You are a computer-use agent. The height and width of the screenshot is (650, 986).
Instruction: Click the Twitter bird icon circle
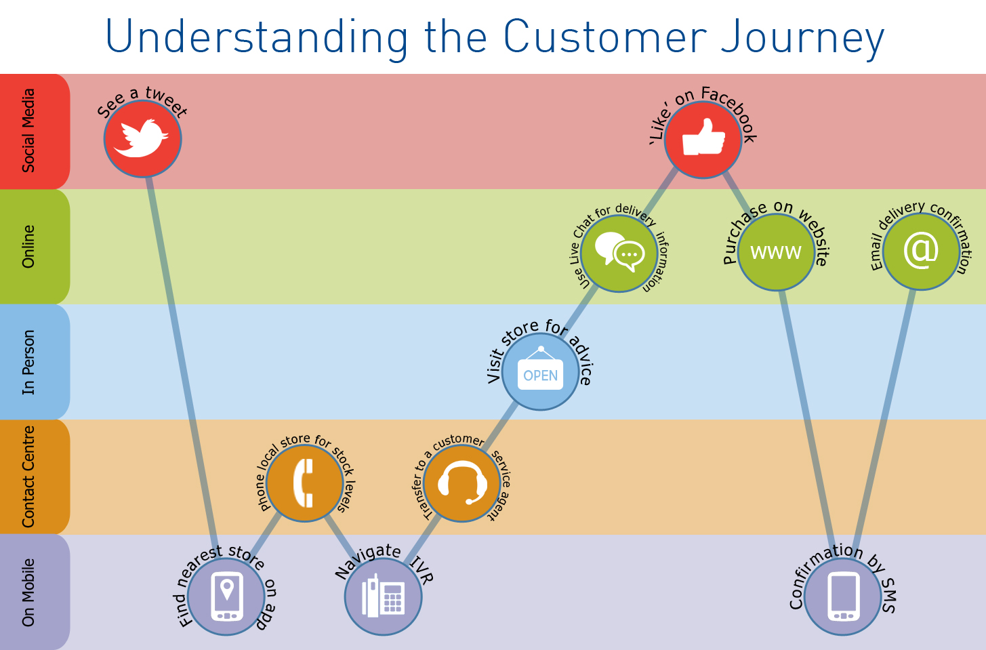tap(142, 139)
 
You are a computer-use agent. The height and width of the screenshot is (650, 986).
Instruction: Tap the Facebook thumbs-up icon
tap(703, 140)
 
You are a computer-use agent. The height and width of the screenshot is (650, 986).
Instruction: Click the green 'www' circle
tap(776, 252)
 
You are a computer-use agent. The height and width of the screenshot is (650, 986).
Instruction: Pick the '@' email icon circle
tap(921, 251)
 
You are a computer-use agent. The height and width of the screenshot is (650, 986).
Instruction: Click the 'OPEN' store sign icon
tap(540, 371)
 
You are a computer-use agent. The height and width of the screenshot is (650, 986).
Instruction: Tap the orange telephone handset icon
tap(304, 483)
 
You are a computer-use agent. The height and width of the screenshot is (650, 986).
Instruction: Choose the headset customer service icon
tap(462, 483)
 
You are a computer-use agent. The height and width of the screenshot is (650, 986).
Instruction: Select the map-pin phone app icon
tap(226, 596)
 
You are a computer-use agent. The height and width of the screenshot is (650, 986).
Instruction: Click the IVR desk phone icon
tap(384, 596)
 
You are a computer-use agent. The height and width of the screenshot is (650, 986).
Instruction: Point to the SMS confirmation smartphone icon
tap(843, 596)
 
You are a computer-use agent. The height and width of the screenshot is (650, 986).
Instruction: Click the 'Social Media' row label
tap(28, 131)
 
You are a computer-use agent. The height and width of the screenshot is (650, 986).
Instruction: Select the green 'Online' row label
tap(28, 247)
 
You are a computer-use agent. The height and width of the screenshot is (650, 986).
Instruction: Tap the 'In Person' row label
tap(28, 362)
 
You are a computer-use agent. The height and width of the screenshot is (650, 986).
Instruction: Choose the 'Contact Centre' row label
tap(28, 476)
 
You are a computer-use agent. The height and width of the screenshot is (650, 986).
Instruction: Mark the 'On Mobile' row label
tap(28, 592)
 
